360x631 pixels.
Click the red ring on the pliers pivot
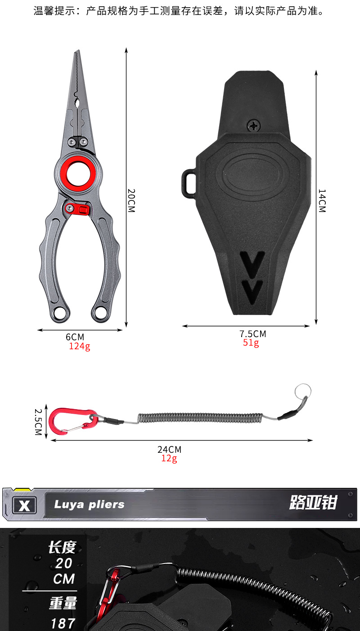pyautogui.click(x=67, y=172)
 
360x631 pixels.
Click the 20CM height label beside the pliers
pyautogui.click(x=131, y=200)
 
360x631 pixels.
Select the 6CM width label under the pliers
pyautogui.click(x=75, y=337)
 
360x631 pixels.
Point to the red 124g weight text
pyautogui.click(x=80, y=346)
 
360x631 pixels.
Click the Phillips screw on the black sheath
pyautogui.click(x=254, y=126)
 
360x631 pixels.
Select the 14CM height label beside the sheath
pyautogui.click(x=322, y=201)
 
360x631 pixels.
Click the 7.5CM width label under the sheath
pyautogui.click(x=253, y=334)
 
